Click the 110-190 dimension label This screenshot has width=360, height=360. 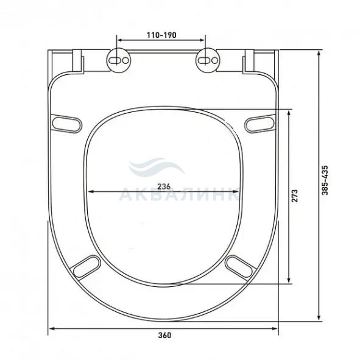click(x=161, y=35)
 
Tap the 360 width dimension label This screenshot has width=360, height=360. click(x=164, y=335)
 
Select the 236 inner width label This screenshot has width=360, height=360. click(x=164, y=186)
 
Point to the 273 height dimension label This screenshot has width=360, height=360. click(x=295, y=196)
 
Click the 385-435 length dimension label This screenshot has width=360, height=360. click(x=325, y=180)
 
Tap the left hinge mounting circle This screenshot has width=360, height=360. click(x=118, y=60)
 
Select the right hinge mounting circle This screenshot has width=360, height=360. click(x=208, y=60)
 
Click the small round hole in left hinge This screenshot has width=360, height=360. click(x=125, y=60)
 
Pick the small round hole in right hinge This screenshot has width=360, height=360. click(x=214, y=60)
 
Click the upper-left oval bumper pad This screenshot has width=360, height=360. click(x=67, y=124)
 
